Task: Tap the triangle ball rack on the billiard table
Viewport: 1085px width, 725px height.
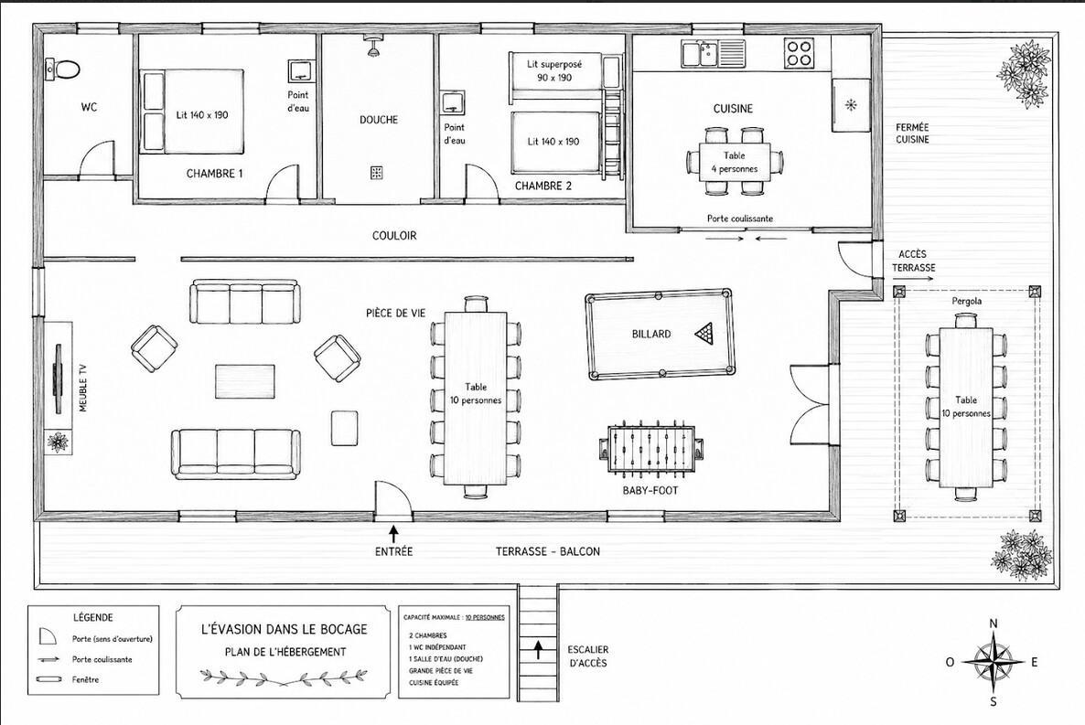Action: pos(703,334)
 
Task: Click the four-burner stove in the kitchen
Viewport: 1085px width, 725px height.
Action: pos(799,53)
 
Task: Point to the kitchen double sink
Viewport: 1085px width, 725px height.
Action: pos(712,53)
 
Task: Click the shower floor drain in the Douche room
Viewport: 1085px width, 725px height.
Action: pos(376,172)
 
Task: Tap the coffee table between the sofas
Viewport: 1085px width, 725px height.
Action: pos(246,381)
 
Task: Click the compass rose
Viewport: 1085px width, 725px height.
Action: pos(993,662)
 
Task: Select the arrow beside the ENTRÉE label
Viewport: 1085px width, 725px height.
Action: pos(393,533)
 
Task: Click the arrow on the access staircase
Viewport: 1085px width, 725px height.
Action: pos(537,650)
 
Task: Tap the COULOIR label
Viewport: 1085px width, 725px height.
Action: pos(394,235)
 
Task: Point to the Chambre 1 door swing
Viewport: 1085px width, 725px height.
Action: pos(283,183)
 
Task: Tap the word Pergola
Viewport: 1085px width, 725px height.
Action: pos(967,301)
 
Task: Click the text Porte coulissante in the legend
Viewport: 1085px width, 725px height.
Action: pos(102,659)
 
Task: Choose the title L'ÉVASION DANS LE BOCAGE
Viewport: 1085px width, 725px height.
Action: pos(284,629)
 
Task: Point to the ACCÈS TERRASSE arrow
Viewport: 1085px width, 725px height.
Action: pos(913,280)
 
